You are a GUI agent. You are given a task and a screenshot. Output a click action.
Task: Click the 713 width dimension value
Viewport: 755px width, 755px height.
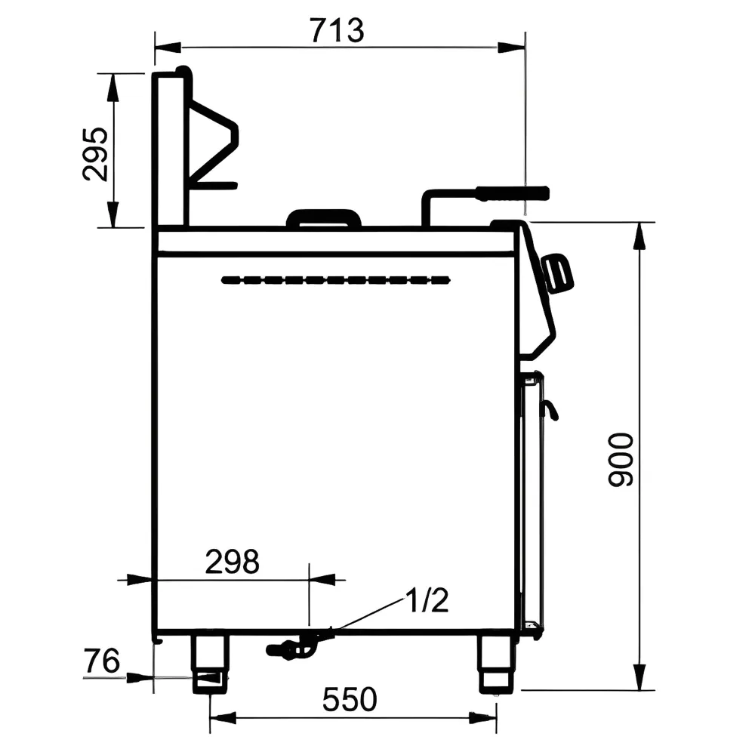tap(337, 30)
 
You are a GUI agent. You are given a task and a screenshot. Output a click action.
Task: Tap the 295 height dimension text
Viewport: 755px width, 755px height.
tap(95, 154)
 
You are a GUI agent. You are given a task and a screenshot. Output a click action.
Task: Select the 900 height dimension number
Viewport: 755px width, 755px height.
tap(621, 460)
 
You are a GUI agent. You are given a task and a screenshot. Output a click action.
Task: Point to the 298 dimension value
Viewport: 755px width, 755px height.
tap(232, 562)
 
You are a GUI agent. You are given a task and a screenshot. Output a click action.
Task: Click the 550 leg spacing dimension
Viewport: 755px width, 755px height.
tap(350, 699)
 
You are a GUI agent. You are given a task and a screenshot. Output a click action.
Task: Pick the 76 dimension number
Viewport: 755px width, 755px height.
tap(102, 661)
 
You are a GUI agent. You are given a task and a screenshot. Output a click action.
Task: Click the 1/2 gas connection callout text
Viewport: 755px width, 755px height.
tap(427, 600)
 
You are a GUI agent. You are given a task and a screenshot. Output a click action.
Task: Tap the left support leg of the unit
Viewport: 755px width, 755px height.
tap(210, 664)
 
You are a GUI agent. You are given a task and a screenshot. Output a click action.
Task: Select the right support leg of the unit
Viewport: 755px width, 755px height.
tap(497, 664)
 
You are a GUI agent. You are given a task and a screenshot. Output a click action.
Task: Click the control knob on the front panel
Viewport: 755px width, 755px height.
tap(559, 273)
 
